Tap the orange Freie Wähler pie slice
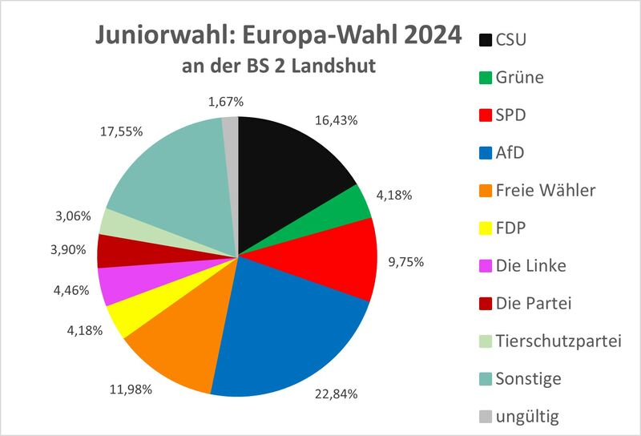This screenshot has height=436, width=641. [172, 345]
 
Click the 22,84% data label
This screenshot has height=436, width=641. [336, 394]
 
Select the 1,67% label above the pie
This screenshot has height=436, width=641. [225, 102]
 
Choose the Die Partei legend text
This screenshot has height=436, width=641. [535, 303]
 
